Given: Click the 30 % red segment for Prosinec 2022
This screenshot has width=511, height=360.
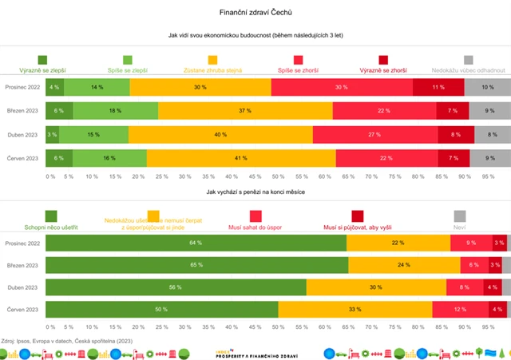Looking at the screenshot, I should coord(342,87).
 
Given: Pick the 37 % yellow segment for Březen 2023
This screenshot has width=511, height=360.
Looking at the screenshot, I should coord(245,111).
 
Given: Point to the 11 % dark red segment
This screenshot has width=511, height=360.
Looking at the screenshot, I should coord(438,87).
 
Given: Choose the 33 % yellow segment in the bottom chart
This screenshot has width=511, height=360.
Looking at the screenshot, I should coord(355,309).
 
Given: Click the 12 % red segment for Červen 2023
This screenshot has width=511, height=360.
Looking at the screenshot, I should coord(461,309).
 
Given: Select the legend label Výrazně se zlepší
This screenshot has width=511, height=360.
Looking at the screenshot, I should coord(42,70).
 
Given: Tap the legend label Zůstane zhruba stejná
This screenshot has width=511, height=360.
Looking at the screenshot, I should coord(212,70).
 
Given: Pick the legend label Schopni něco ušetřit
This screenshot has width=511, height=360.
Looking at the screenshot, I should coord(51,227).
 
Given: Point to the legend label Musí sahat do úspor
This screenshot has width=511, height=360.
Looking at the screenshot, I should coord(255,227).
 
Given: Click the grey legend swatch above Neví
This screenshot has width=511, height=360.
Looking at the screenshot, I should coord(460,216).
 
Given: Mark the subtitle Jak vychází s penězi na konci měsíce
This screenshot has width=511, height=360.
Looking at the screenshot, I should coord(255,192).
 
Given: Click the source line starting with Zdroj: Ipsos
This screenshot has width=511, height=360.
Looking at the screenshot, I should coord(67,340).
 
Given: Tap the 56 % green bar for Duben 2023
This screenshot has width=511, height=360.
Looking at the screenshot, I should coord(176,287).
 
